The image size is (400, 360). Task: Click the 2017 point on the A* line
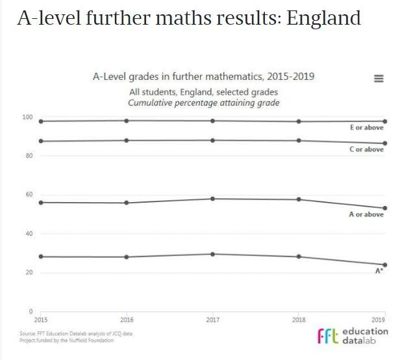213,254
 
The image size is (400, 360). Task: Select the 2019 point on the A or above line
385,208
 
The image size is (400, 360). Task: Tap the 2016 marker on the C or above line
127,140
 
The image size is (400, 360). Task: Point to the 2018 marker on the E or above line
299,122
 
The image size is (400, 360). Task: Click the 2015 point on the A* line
42,257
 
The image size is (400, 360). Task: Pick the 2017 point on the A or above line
213,198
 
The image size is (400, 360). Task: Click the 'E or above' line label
367,127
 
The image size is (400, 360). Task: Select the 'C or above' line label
367,149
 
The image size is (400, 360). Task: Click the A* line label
379,271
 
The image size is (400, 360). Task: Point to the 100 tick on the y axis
27,117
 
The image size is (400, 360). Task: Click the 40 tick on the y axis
29,233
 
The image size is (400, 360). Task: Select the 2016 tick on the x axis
127,320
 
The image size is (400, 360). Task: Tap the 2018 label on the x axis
299,320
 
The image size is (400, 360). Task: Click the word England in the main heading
323,18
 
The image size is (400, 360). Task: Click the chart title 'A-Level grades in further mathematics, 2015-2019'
204,77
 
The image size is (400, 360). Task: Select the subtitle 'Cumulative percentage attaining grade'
204,103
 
